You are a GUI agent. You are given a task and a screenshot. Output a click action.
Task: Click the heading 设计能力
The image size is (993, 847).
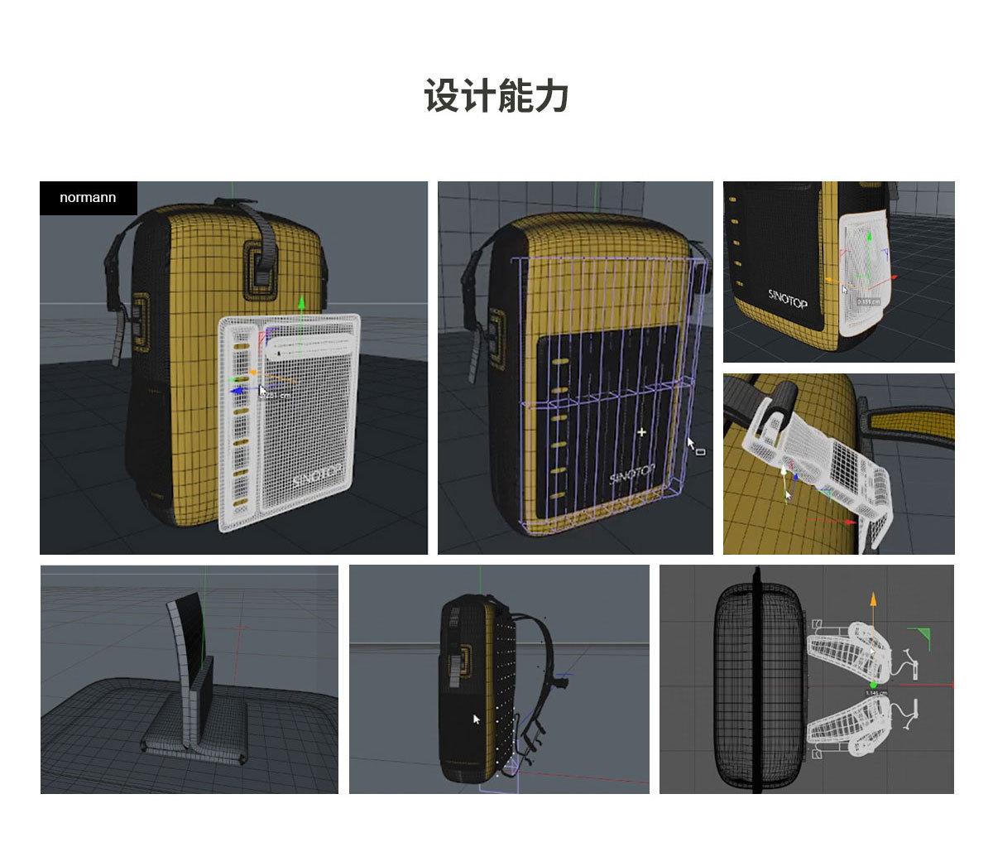coord(496,96)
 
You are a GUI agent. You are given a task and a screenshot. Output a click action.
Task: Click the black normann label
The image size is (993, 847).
coord(88,198)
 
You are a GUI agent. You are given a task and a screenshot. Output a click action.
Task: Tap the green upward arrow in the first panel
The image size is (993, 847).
coord(302,304)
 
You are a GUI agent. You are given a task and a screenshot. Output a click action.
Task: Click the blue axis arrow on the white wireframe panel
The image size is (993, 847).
coord(237,390)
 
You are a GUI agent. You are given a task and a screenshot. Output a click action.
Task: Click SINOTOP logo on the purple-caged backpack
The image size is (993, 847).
coord(632,474)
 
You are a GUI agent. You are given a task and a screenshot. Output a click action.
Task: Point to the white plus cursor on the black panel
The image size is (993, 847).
coord(641,432)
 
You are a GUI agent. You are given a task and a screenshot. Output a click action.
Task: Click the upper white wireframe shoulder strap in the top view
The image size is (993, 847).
coord(844,646)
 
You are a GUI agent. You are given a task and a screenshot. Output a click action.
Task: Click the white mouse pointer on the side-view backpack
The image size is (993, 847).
coord(476,719)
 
